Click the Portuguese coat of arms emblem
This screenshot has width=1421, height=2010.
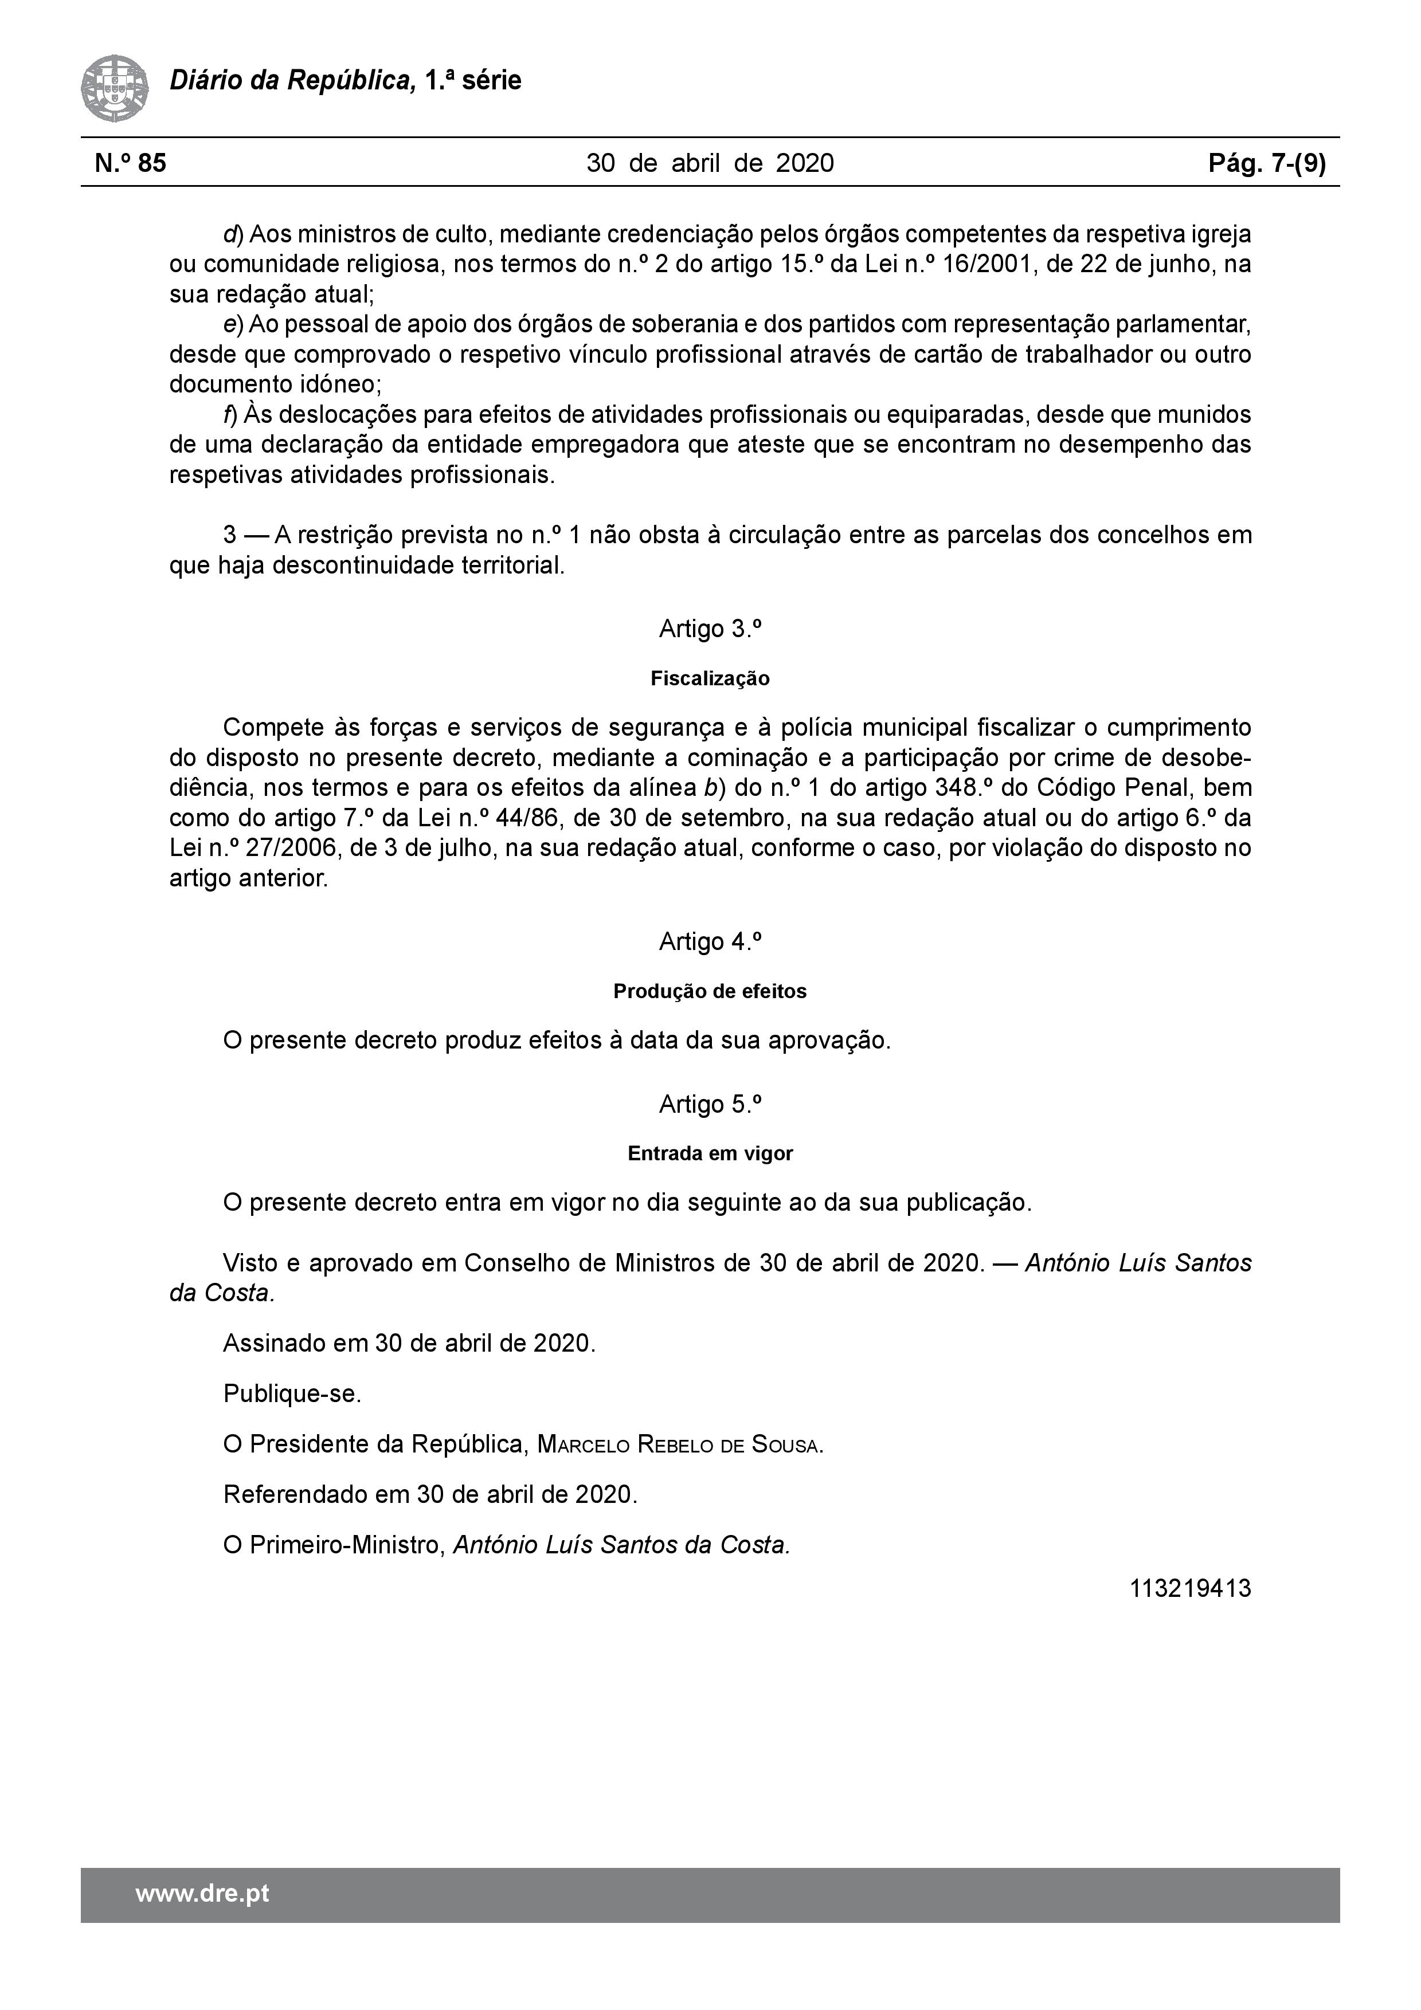tap(115, 88)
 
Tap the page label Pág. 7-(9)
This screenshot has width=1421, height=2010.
tap(1266, 163)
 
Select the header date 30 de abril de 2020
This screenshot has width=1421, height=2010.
tap(710, 163)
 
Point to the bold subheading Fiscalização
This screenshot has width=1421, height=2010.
tap(710, 678)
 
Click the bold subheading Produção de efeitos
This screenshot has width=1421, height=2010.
tap(710, 991)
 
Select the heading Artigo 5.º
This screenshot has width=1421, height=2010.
tap(710, 1104)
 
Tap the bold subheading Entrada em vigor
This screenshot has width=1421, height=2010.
tap(710, 1154)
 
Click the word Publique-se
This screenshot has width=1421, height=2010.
tap(292, 1393)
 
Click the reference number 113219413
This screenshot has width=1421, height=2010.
tap(1190, 1588)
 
